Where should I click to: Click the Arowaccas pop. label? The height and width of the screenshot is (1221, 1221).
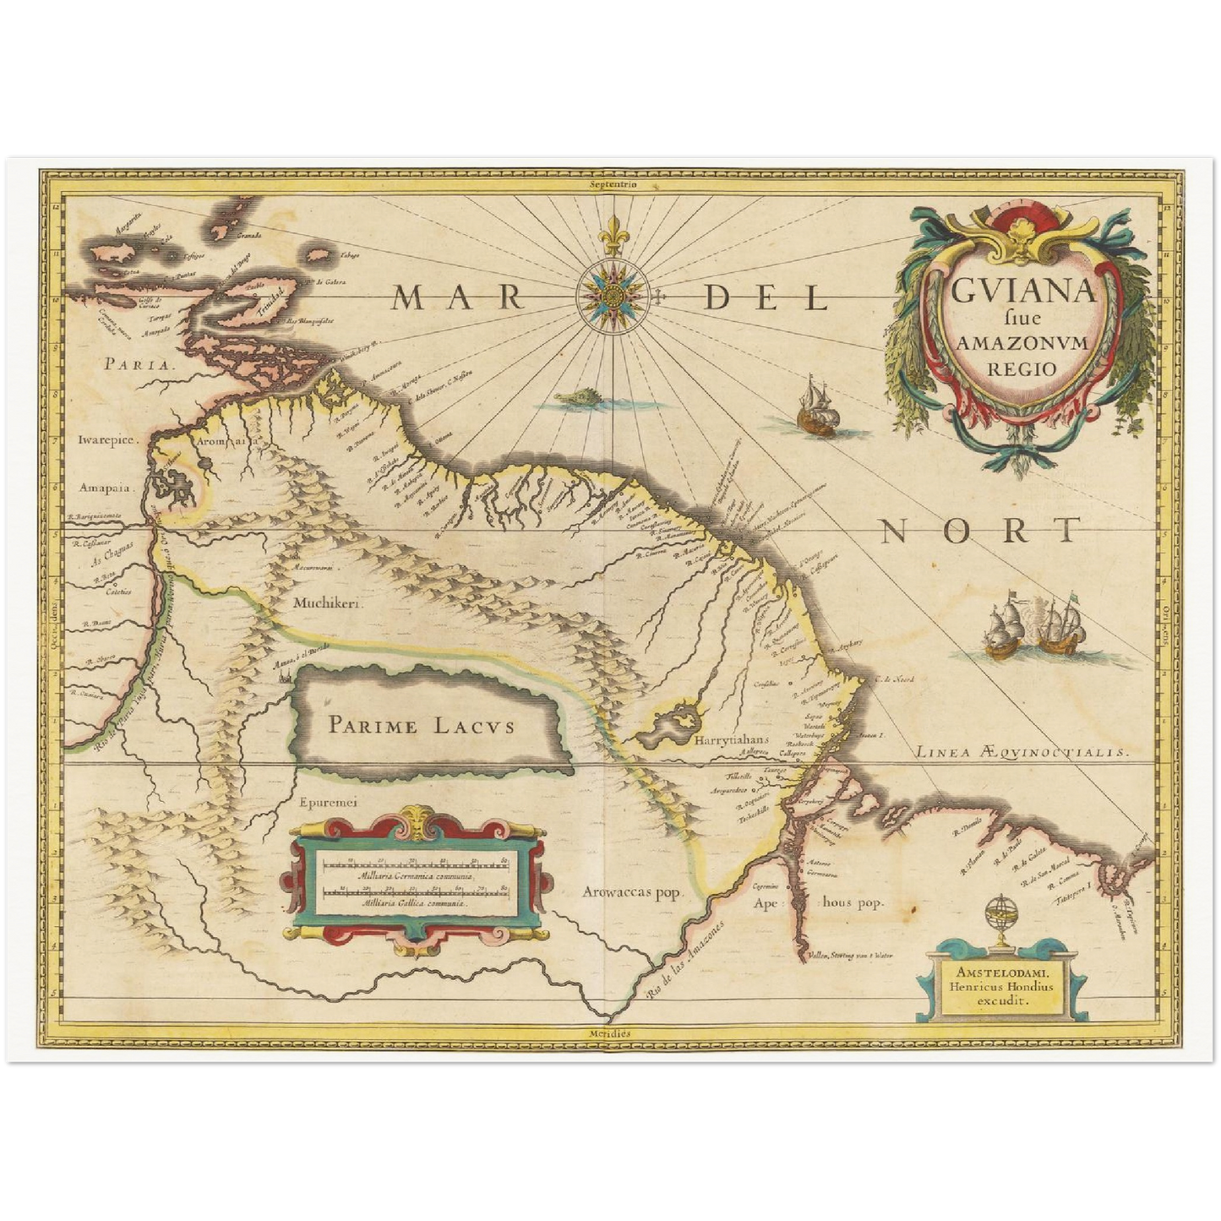tap(632, 891)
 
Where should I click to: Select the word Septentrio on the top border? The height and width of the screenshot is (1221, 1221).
tap(613, 183)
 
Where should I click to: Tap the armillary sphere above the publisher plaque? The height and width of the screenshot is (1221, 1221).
tap(998, 916)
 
